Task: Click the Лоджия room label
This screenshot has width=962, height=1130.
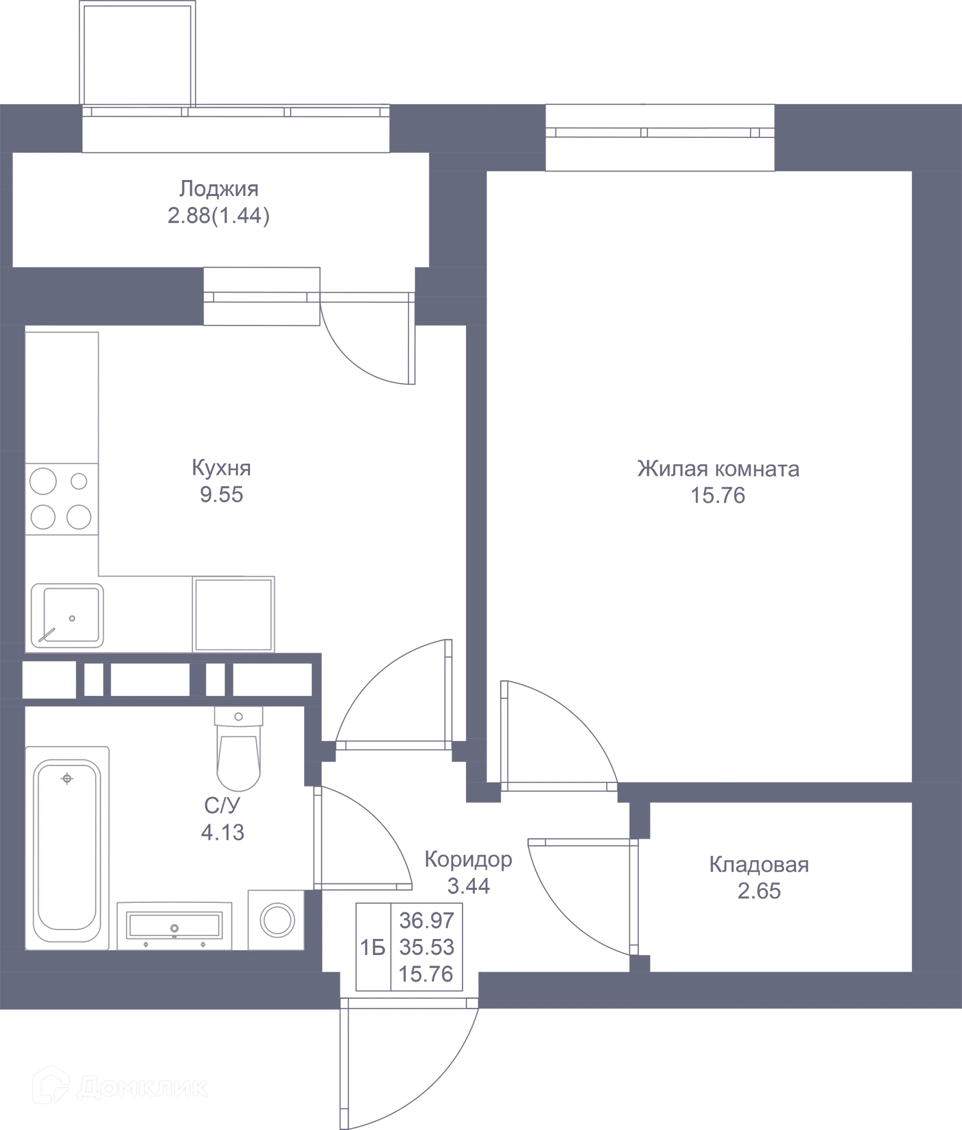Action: pos(218,189)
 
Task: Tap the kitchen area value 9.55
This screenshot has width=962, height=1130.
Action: pos(221,495)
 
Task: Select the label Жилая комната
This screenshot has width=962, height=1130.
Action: pos(718,469)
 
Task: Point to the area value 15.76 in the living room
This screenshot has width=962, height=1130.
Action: pos(718,496)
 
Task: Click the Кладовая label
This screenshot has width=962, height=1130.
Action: pos(759,864)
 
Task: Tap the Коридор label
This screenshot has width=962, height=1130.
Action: pos(468,859)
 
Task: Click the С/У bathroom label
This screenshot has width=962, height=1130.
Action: pos(222,805)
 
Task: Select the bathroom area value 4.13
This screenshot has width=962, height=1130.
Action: pos(222,832)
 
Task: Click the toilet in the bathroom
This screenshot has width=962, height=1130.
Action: pos(238,748)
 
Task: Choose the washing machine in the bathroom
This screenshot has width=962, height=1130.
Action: pos(277,920)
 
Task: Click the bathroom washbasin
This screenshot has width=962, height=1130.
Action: pos(174,926)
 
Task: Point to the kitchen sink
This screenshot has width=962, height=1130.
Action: pos(67,616)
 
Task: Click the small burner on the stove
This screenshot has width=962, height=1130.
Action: pos(79,481)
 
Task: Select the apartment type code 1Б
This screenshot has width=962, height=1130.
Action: pos(373,949)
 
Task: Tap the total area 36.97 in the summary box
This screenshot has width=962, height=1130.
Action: pos(426,920)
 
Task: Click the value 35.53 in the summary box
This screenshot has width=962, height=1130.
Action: pos(426,948)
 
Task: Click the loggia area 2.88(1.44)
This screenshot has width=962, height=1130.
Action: pos(218,217)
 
